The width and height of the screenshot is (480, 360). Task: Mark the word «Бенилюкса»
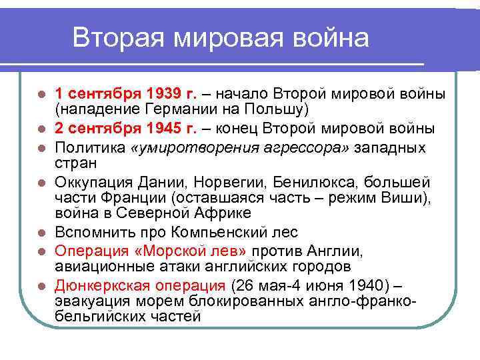coord(316,182)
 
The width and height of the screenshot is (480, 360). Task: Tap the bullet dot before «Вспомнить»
coord(41,233)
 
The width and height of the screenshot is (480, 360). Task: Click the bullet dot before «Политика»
coord(41,147)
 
